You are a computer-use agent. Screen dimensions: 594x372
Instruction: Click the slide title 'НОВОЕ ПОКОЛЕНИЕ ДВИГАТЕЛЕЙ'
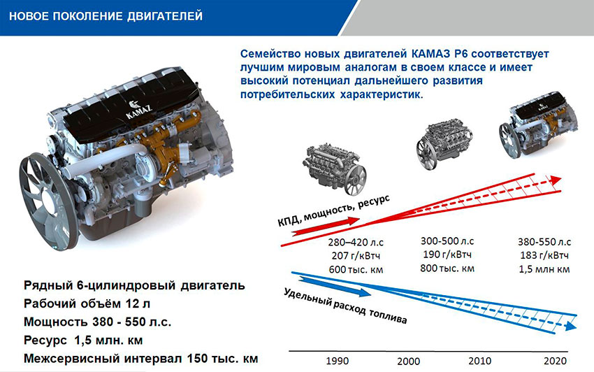point(106,16)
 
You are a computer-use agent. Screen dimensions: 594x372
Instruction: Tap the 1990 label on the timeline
point(337,361)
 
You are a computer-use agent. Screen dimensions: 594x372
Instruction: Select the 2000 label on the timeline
point(408,361)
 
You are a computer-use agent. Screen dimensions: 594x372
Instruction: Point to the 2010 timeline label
point(479,361)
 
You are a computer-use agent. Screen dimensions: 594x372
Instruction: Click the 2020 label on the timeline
point(555,361)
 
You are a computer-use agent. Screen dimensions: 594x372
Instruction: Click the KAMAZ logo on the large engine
point(138,109)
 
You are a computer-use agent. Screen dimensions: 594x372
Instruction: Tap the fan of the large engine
point(48,201)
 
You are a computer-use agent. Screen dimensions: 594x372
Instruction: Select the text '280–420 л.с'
point(356,242)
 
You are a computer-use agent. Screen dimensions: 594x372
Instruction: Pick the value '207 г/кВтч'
point(356,256)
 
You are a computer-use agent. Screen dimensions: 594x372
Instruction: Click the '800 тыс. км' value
point(447,269)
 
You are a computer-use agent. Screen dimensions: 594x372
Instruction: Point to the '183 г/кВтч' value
point(544,255)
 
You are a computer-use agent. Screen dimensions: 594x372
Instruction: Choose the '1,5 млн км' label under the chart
point(544,269)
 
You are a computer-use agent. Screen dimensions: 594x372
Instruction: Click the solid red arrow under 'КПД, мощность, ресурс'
point(326,226)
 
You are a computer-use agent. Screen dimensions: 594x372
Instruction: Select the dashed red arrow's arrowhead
point(556,180)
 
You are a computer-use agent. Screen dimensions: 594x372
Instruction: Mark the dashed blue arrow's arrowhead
point(570,327)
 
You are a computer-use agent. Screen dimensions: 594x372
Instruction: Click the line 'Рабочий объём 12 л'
point(87,303)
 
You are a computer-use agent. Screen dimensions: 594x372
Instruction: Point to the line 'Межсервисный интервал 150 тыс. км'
point(141,358)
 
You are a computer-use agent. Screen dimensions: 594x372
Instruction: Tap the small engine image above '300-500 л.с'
point(444,143)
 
